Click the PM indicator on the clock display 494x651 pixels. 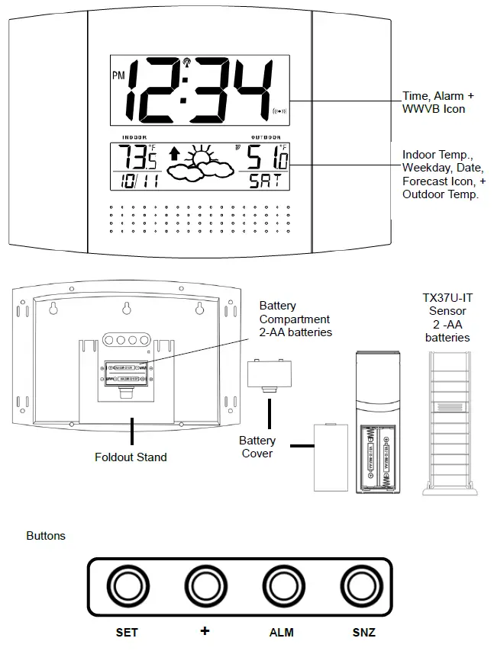[118, 75]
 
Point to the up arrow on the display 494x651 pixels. [175, 154]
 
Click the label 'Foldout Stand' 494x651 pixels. [131, 457]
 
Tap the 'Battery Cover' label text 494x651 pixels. [257, 447]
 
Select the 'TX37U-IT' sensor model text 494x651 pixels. [447, 298]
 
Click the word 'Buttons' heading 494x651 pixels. [46, 536]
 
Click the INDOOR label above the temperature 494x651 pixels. [135, 137]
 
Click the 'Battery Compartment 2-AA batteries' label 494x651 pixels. [295, 319]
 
